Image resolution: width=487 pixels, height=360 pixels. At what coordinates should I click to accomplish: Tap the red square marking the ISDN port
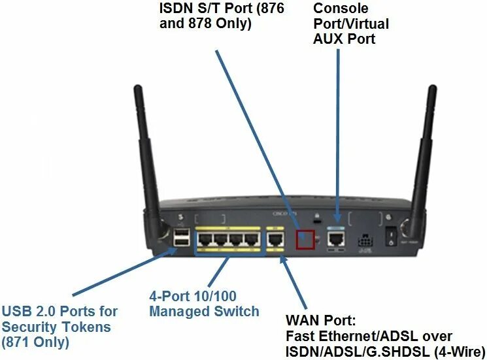tap(305, 238)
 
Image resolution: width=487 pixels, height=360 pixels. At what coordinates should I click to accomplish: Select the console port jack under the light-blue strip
tap(337, 237)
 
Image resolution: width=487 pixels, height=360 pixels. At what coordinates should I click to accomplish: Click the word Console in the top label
tap(339, 8)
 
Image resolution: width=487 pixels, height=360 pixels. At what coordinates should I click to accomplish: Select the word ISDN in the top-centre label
tap(176, 8)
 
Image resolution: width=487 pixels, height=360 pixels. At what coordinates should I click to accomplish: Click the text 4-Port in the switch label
tap(168, 297)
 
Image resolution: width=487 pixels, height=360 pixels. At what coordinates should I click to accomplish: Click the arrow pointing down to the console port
tap(338, 131)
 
